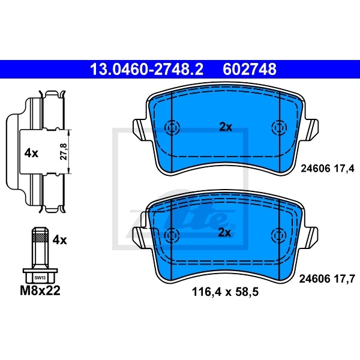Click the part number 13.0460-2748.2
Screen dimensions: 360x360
[x=147, y=70]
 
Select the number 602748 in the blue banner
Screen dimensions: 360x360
[x=250, y=70]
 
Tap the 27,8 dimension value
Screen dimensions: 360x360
[x=64, y=152]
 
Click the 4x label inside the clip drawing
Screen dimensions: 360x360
[x=31, y=153]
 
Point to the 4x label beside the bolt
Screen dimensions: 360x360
[x=59, y=240]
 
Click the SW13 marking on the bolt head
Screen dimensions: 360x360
[x=40, y=278]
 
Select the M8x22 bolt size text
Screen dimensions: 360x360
[x=40, y=290]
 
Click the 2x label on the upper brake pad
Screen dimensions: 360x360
[x=226, y=127]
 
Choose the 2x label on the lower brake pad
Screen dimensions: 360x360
[x=224, y=233]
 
